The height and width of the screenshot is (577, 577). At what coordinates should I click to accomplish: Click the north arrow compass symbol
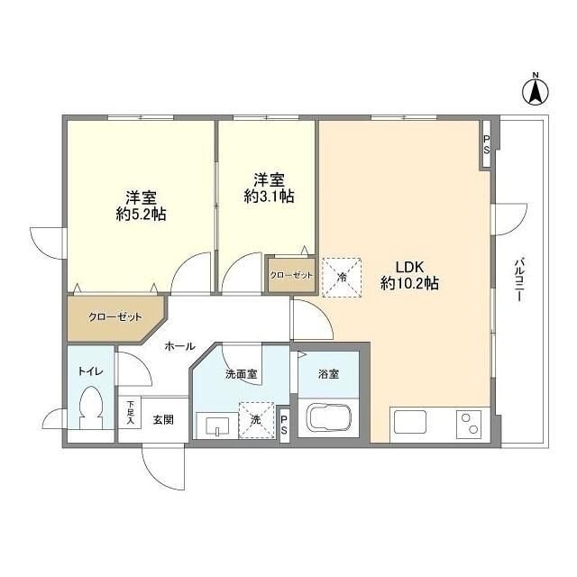tap(535, 89)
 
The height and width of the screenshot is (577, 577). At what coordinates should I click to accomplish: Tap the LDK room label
tap(410, 267)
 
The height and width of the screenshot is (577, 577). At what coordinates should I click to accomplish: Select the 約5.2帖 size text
tap(140, 215)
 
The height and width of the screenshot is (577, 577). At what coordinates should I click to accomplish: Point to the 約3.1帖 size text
tap(268, 196)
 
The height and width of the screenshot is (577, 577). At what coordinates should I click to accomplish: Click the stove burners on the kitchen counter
tap(471, 422)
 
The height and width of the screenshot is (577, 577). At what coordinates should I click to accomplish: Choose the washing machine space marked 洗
tap(255, 419)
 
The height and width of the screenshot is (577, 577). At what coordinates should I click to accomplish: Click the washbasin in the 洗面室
tap(214, 426)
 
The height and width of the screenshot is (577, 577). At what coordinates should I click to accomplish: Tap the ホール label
tap(179, 345)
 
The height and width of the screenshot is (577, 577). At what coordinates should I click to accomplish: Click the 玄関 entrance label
tap(162, 418)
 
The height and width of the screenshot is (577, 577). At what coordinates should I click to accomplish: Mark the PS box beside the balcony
tap(486, 143)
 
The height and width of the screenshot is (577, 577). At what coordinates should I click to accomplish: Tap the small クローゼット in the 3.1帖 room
tap(292, 275)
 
